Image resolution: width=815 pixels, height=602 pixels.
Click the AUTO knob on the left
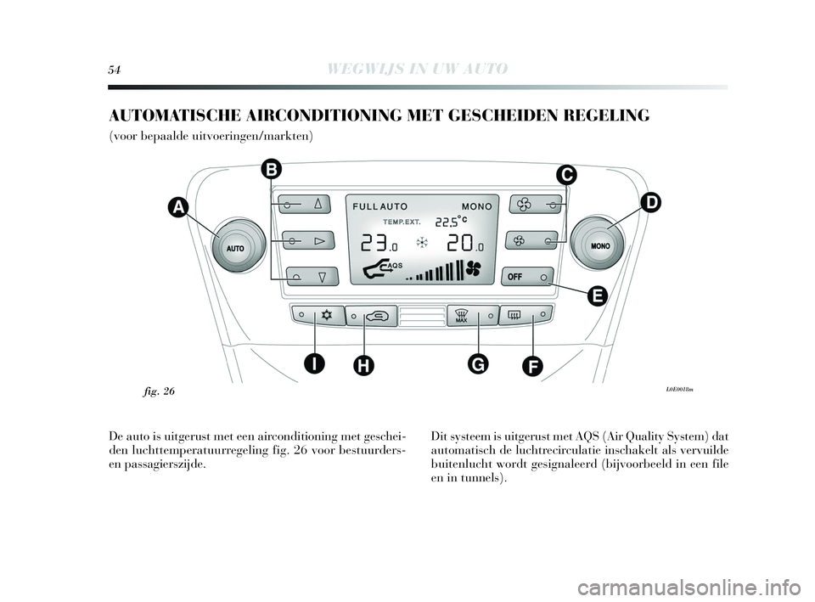235,248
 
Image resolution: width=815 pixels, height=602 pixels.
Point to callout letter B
271,170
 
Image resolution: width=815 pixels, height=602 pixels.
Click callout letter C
566,175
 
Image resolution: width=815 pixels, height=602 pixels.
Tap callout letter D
649,203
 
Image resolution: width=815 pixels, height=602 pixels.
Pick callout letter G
477,363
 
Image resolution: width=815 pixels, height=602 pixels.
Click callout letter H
363,366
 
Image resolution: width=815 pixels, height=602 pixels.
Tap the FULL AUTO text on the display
379,206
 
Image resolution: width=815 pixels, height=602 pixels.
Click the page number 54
115,69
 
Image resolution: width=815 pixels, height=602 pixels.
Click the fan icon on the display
472,270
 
